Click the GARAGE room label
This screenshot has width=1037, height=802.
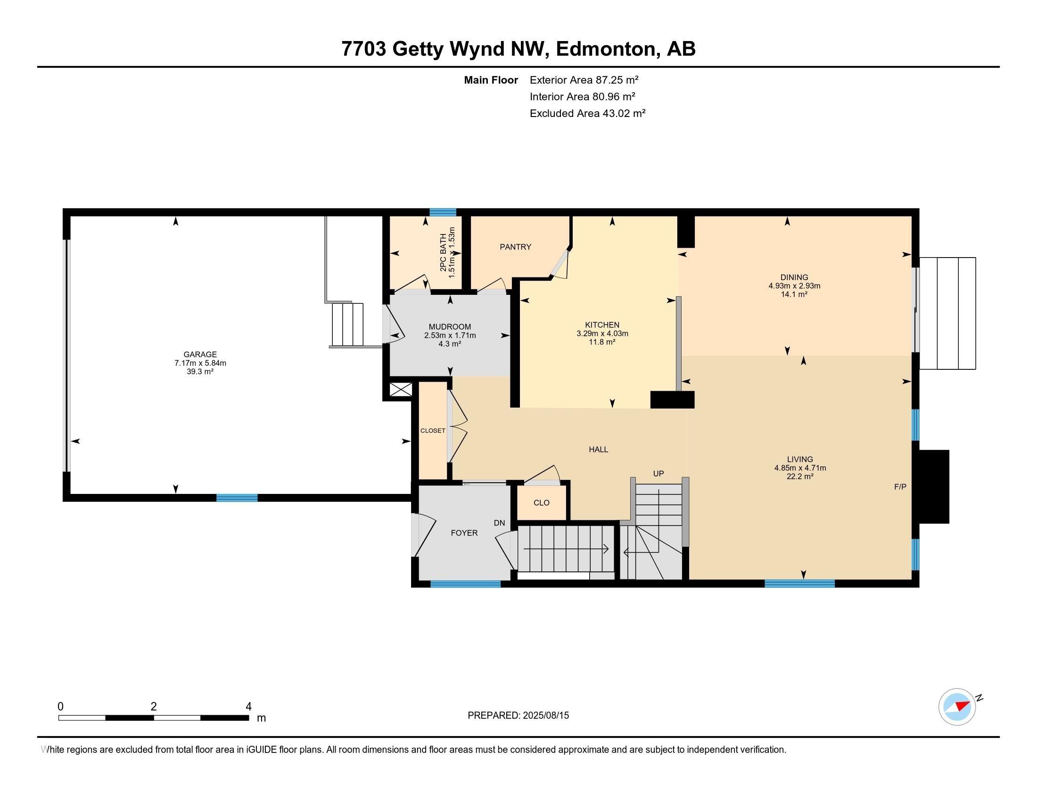coord(200,354)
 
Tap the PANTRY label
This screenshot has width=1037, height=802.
coord(515,247)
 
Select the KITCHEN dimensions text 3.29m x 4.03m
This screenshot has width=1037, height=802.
coord(602,334)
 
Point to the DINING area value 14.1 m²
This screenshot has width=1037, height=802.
coord(794,294)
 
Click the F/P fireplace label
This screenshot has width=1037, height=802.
coord(900,487)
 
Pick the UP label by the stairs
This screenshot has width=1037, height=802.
coord(658,474)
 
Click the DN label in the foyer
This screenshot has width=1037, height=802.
coord(499,523)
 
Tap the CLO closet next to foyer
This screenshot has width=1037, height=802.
coord(541,503)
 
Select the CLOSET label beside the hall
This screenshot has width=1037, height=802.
coord(433,431)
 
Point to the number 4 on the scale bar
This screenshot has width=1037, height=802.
coord(248,707)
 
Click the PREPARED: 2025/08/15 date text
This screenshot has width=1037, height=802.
coord(518,716)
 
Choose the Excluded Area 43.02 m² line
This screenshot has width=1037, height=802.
coord(587,114)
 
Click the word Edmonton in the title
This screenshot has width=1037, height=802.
coord(605,49)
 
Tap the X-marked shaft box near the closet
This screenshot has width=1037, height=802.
coord(401,390)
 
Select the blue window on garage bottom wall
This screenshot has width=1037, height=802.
coord(237,498)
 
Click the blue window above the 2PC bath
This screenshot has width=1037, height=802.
coord(443,212)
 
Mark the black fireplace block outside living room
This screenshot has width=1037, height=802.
coord(934,486)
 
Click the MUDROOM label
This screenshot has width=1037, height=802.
coord(450,327)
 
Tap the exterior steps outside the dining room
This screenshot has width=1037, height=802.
coord(947,314)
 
